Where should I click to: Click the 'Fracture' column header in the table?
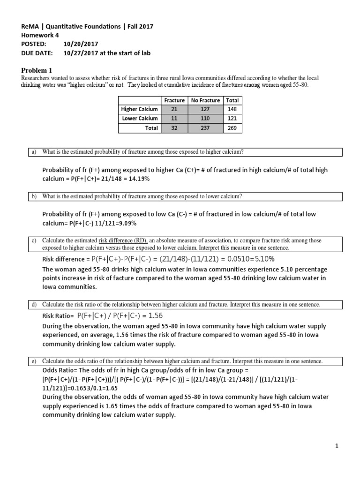174,100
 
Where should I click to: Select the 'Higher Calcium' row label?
139,109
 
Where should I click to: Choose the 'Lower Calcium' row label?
140,119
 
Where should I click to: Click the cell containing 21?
174,109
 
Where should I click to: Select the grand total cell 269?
232,128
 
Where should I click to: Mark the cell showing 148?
232,109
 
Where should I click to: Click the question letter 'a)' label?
34,151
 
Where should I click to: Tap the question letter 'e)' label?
34,361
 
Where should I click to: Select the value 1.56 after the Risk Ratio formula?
155,315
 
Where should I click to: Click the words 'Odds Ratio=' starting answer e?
59,370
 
